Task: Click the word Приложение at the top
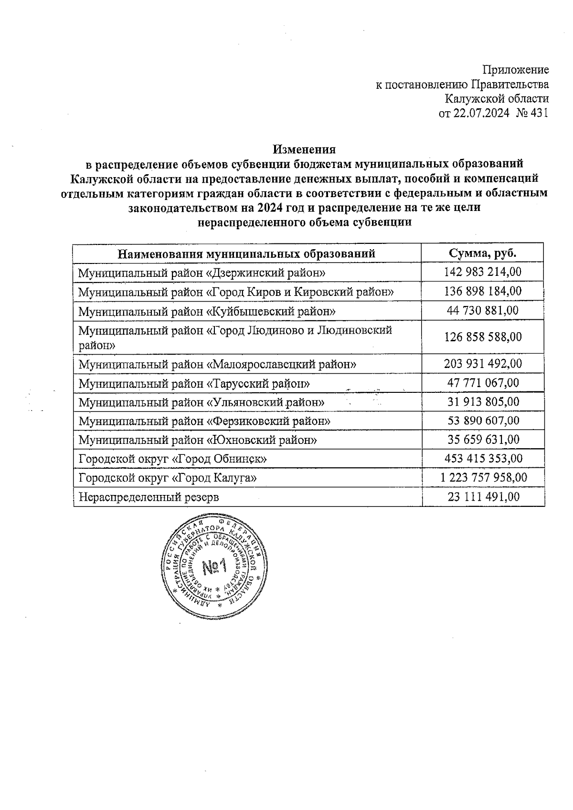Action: coord(516,70)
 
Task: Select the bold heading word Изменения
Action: coord(304,149)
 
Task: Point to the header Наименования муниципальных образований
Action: coord(246,253)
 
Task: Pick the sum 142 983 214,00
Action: coord(483,272)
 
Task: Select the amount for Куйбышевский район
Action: coord(483,310)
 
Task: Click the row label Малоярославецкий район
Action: coord(218,365)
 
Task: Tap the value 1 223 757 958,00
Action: coord(483,477)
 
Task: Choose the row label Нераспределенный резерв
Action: coord(149,497)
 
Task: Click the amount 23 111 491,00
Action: coord(483,497)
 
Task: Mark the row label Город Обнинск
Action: coord(172,459)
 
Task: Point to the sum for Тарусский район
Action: coord(483,383)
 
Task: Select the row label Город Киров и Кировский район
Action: coord(236,292)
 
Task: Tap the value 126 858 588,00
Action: coord(483,337)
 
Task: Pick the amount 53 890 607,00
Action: coord(483,421)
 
